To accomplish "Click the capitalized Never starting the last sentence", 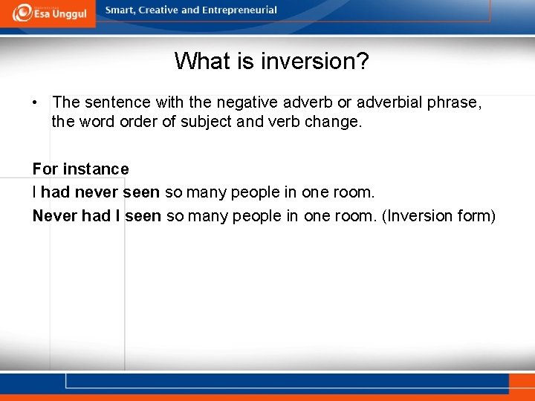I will (53, 216).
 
